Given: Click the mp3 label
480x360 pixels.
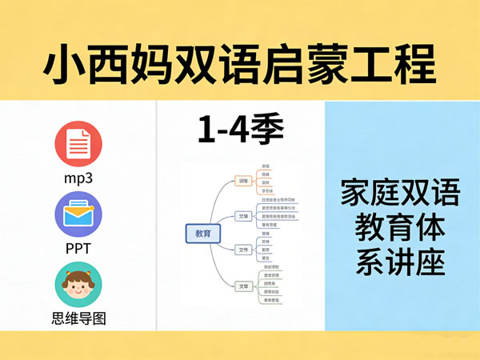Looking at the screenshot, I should (x=78, y=178).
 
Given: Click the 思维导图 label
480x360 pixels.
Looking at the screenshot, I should (x=78, y=318).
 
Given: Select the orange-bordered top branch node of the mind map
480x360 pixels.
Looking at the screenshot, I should (x=242, y=181).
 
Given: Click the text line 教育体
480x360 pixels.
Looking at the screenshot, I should (x=400, y=230).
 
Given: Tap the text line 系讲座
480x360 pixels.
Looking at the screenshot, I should (x=400, y=264).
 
